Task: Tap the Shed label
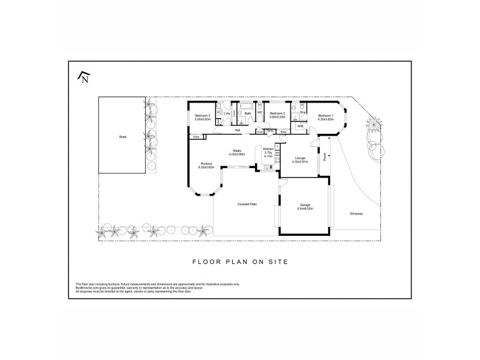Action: pyautogui.click(x=122, y=137)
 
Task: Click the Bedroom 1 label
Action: pyautogui.click(x=326, y=116)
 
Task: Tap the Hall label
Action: pyautogui.click(x=238, y=130)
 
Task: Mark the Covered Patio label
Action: pyautogui.click(x=247, y=205)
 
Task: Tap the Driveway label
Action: pyautogui.click(x=358, y=214)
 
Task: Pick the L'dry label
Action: pyautogui.click(x=227, y=113)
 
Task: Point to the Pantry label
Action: pyautogui.click(x=270, y=130)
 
